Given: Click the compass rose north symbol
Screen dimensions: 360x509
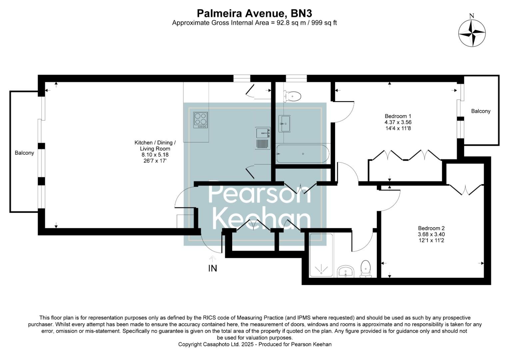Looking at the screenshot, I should pyautogui.click(x=472, y=33).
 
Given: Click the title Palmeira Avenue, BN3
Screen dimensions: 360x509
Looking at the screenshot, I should pyautogui.click(x=254, y=13).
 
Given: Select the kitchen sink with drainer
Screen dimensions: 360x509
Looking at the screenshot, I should pyautogui.click(x=263, y=138).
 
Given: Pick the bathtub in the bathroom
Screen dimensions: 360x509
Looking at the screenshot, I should pyautogui.click(x=302, y=154).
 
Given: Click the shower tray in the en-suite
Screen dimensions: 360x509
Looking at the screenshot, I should pyautogui.click(x=321, y=256).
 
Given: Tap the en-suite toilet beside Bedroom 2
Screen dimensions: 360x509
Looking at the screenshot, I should pyautogui.click(x=366, y=269).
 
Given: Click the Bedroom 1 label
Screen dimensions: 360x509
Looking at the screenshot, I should pyautogui.click(x=395, y=116).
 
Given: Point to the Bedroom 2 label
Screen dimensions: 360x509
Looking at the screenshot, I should pyautogui.click(x=431, y=228).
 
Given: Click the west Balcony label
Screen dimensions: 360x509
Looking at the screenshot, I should pyautogui.click(x=24, y=153).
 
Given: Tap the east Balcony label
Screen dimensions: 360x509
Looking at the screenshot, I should pyautogui.click(x=480, y=111).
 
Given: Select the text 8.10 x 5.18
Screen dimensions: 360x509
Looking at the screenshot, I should pyautogui.click(x=155, y=155).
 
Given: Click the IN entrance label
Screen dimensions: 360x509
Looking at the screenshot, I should pyautogui.click(x=213, y=268).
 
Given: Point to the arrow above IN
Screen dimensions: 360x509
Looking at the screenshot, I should pyautogui.click(x=213, y=258).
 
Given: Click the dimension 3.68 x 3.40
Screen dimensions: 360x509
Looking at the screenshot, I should pyautogui.click(x=431, y=234).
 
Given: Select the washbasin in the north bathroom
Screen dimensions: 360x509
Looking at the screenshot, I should pyautogui.click(x=285, y=123).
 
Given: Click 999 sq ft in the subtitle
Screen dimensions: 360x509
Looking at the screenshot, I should pyautogui.click(x=324, y=23).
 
